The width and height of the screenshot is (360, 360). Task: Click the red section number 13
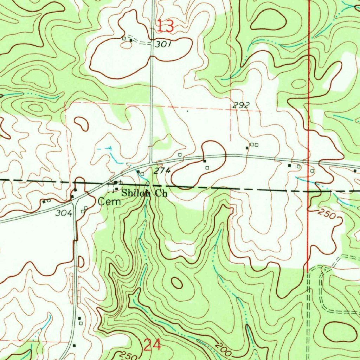[x=165, y=26]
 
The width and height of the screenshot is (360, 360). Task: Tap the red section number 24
[x=153, y=345]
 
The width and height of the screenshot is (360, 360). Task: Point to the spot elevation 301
[x=163, y=44]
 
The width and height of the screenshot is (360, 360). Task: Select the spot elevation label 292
[x=241, y=105]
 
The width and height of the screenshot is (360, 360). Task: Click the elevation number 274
[x=162, y=171]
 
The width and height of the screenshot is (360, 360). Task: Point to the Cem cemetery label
[x=109, y=202]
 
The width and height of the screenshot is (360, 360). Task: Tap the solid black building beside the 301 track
[x=131, y=40]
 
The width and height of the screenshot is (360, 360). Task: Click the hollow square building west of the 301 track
[x=124, y=38]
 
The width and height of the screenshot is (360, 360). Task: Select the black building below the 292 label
[x=247, y=148]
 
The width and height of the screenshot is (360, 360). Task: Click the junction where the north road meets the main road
[x=152, y=163]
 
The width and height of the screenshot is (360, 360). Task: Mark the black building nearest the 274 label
[x=138, y=172]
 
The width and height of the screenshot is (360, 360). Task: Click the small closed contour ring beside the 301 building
[x=81, y=123]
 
